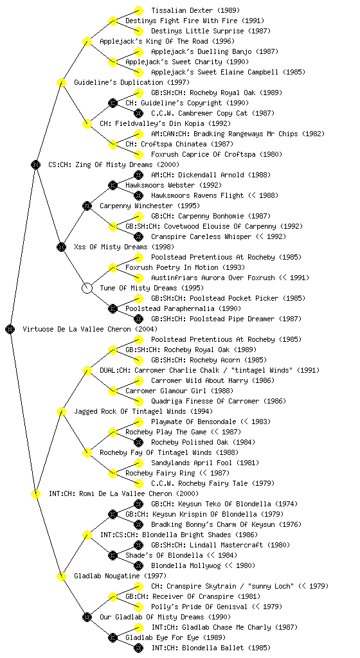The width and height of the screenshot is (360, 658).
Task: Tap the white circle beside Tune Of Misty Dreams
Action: pyautogui.click(x=87, y=288)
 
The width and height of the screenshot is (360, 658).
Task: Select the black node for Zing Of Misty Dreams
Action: pyautogui.click(x=35, y=164)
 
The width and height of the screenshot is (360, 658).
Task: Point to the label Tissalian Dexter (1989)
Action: pyautogui.click(x=195, y=10)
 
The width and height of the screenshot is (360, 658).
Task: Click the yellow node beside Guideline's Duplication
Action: pyautogui.click(x=61, y=82)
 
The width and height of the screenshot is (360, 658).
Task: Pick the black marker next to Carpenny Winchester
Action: pyautogui.click(x=87, y=206)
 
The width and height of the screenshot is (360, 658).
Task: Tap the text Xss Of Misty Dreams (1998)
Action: pyautogui.click(x=124, y=247)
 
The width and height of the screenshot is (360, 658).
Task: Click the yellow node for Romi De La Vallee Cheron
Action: pyautogui.click(x=35, y=493)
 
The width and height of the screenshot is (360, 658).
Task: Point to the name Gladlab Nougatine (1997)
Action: pyautogui.click(x=120, y=576)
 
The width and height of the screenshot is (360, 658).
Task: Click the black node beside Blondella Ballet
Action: pyautogui.click(x=138, y=648)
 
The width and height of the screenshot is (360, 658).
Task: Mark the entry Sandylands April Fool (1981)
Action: pyautogui.click(x=205, y=463)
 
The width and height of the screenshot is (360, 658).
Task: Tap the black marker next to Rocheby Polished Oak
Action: pyautogui.click(x=138, y=442)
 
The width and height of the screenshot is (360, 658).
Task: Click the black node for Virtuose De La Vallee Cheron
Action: pyautogui.click(x=10, y=329)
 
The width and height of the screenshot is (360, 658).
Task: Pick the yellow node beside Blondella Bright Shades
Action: pyautogui.click(x=87, y=535)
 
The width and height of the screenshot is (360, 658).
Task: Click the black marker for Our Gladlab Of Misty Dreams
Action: pyautogui.click(x=87, y=617)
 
